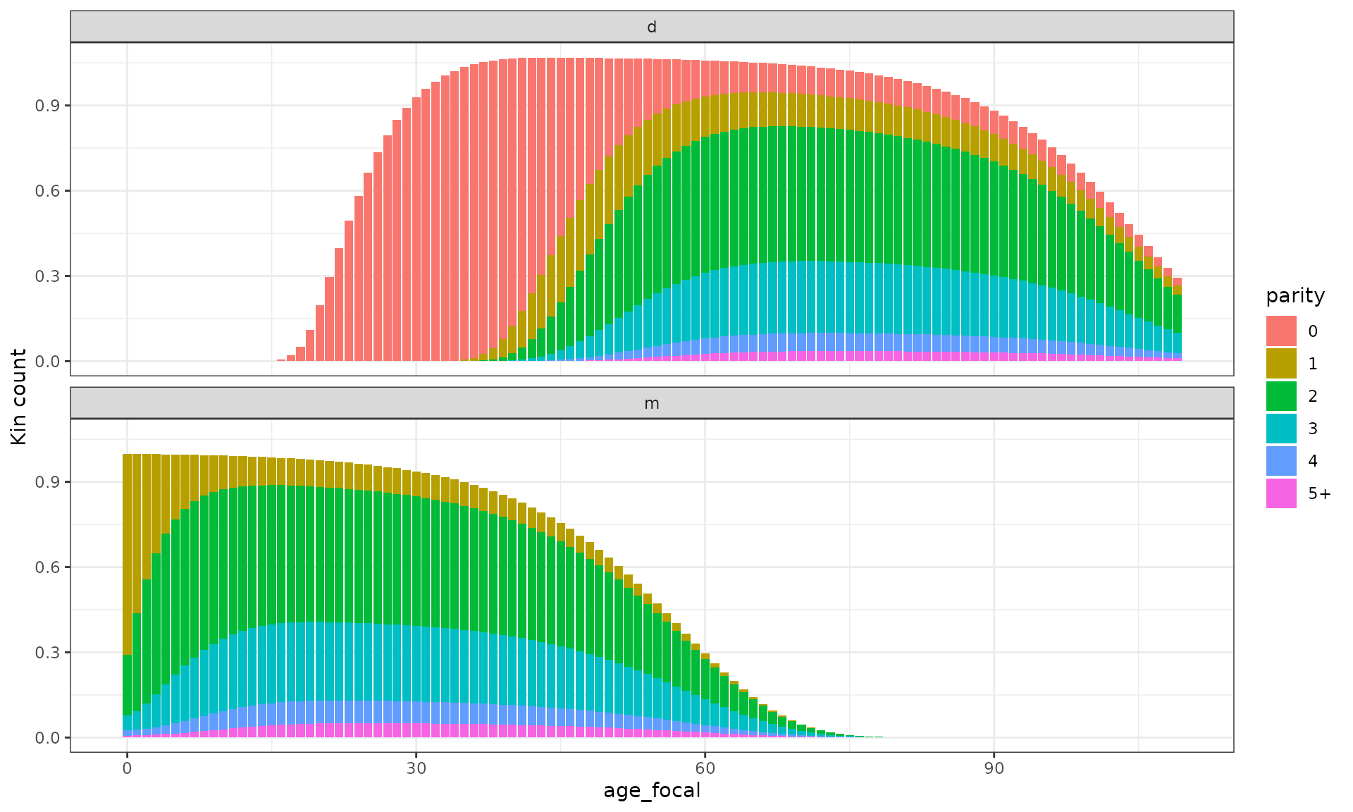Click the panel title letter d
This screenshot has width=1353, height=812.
click(x=652, y=27)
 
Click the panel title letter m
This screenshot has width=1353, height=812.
click(x=652, y=403)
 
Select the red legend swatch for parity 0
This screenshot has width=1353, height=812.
click(x=1280, y=331)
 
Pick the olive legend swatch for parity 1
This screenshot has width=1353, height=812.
click(x=1280, y=363)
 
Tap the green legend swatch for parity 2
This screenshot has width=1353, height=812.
click(x=1280, y=395)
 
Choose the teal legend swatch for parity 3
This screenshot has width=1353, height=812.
click(x=1280, y=428)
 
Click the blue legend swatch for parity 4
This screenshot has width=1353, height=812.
click(x=1280, y=460)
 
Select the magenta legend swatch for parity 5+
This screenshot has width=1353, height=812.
click(x=1280, y=493)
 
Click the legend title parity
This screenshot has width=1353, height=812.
click(x=1295, y=295)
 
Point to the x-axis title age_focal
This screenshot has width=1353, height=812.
click(x=652, y=791)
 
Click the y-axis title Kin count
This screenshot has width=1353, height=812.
click(x=19, y=397)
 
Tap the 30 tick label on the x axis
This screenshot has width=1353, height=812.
click(x=416, y=768)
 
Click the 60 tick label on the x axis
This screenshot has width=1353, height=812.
click(x=705, y=768)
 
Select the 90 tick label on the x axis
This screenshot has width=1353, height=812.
click(x=994, y=768)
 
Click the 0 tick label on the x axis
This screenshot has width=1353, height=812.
click(x=127, y=768)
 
